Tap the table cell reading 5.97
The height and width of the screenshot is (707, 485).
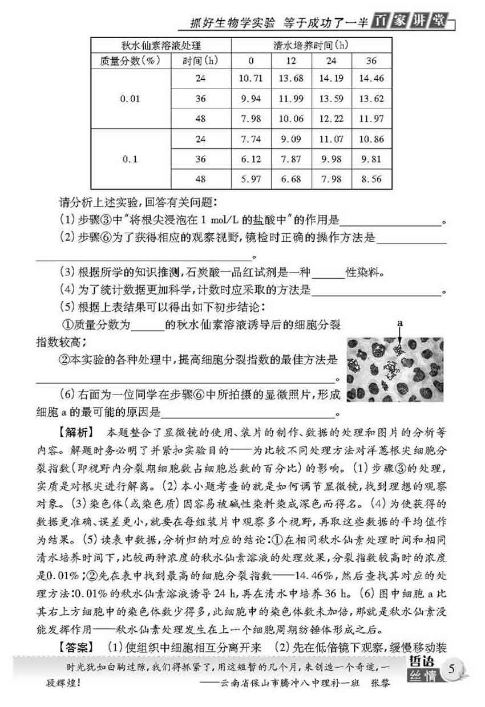click(x=252, y=179)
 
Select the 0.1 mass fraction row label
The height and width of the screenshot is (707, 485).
click(x=130, y=159)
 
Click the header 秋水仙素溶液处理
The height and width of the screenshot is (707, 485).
click(x=161, y=44)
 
